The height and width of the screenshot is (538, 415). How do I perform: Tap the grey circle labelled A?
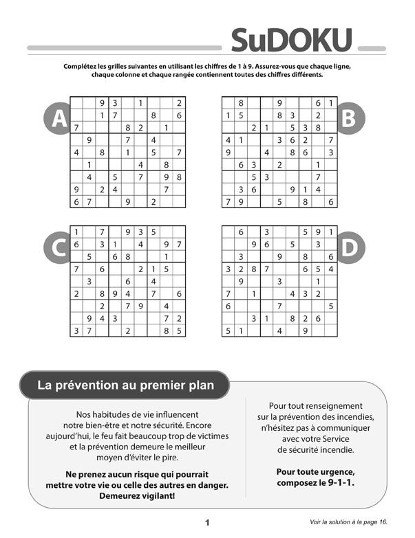click(59, 120)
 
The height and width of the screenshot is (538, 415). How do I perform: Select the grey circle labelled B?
click(348, 120)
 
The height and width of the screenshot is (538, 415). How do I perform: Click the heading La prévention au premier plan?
click(125, 385)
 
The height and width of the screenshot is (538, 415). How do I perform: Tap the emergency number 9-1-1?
click(352, 482)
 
